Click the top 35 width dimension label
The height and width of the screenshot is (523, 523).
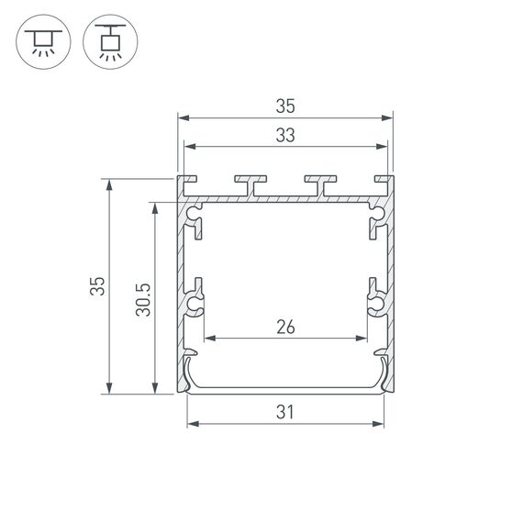(x=284, y=105)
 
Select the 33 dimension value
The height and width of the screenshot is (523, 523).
(x=284, y=135)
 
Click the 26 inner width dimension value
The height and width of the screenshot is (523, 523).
(x=284, y=328)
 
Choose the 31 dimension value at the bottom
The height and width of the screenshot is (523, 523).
(x=284, y=412)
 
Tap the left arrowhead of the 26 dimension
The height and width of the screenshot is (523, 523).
(x=208, y=339)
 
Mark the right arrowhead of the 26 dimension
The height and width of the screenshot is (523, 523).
(x=362, y=339)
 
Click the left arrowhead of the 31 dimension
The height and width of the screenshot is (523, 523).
(x=192, y=424)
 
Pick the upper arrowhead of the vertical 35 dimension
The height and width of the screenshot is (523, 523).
(x=110, y=184)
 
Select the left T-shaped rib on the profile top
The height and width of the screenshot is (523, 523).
(x=250, y=184)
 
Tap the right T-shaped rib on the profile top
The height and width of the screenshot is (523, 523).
(x=321, y=184)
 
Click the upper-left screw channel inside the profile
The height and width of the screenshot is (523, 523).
(x=195, y=219)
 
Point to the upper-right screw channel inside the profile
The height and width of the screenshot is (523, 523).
(x=375, y=219)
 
